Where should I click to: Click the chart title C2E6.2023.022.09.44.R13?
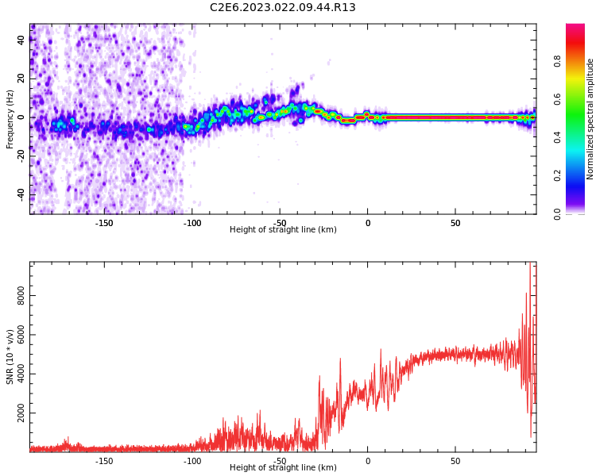tap(282, 8)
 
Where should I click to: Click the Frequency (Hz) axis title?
tap(10, 119)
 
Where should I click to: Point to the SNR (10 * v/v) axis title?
tap(10, 357)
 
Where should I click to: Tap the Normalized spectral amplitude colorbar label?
tap(590, 119)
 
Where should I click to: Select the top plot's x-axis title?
tap(283, 230)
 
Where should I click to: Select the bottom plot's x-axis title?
tap(283, 468)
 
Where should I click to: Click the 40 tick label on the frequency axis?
tap(21, 40)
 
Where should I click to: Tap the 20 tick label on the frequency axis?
tap(21, 79)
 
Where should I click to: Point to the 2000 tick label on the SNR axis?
tap(21, 413)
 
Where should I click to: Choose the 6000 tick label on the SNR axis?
tap(21, 336)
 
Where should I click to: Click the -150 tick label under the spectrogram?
tap(104, 223)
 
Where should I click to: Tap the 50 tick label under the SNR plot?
tap(455, 461)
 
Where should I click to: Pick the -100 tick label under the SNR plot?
tap(192, 461)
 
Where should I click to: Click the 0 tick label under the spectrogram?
tap(367, 223)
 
